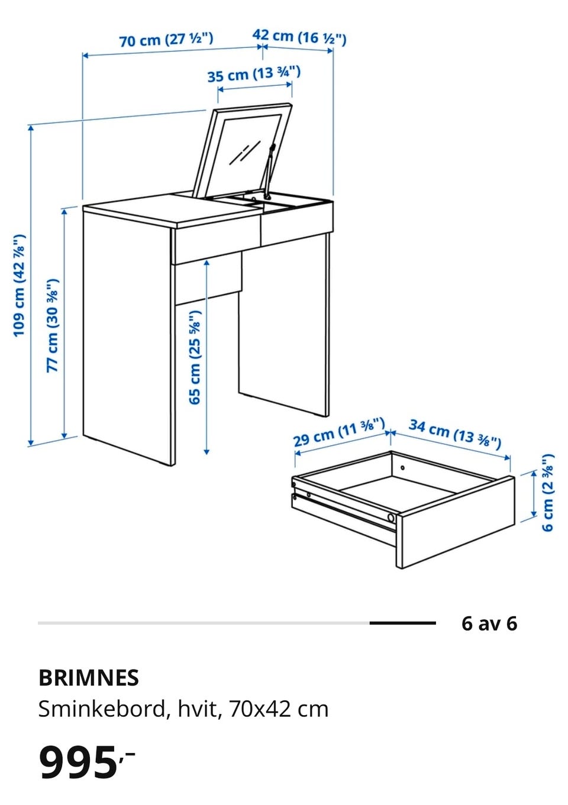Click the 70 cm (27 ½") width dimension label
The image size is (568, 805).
(166, 39)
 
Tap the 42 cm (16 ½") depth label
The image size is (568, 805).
(299, 37)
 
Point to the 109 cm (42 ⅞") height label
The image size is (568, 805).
(20, 286)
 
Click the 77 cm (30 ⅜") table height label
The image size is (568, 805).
(53, 325)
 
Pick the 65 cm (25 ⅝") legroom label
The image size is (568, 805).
(195, 358)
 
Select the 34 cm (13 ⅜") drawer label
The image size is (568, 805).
(455, 435)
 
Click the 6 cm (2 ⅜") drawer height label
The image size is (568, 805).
(548, 492)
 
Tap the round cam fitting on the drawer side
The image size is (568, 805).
(390, 518)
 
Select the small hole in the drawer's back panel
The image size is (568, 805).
(403, 468)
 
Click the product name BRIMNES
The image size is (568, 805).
(88, 678)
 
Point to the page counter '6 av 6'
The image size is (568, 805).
(489, 623)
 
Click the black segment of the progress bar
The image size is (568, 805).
(403, 623)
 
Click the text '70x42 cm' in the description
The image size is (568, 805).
(278, 709)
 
